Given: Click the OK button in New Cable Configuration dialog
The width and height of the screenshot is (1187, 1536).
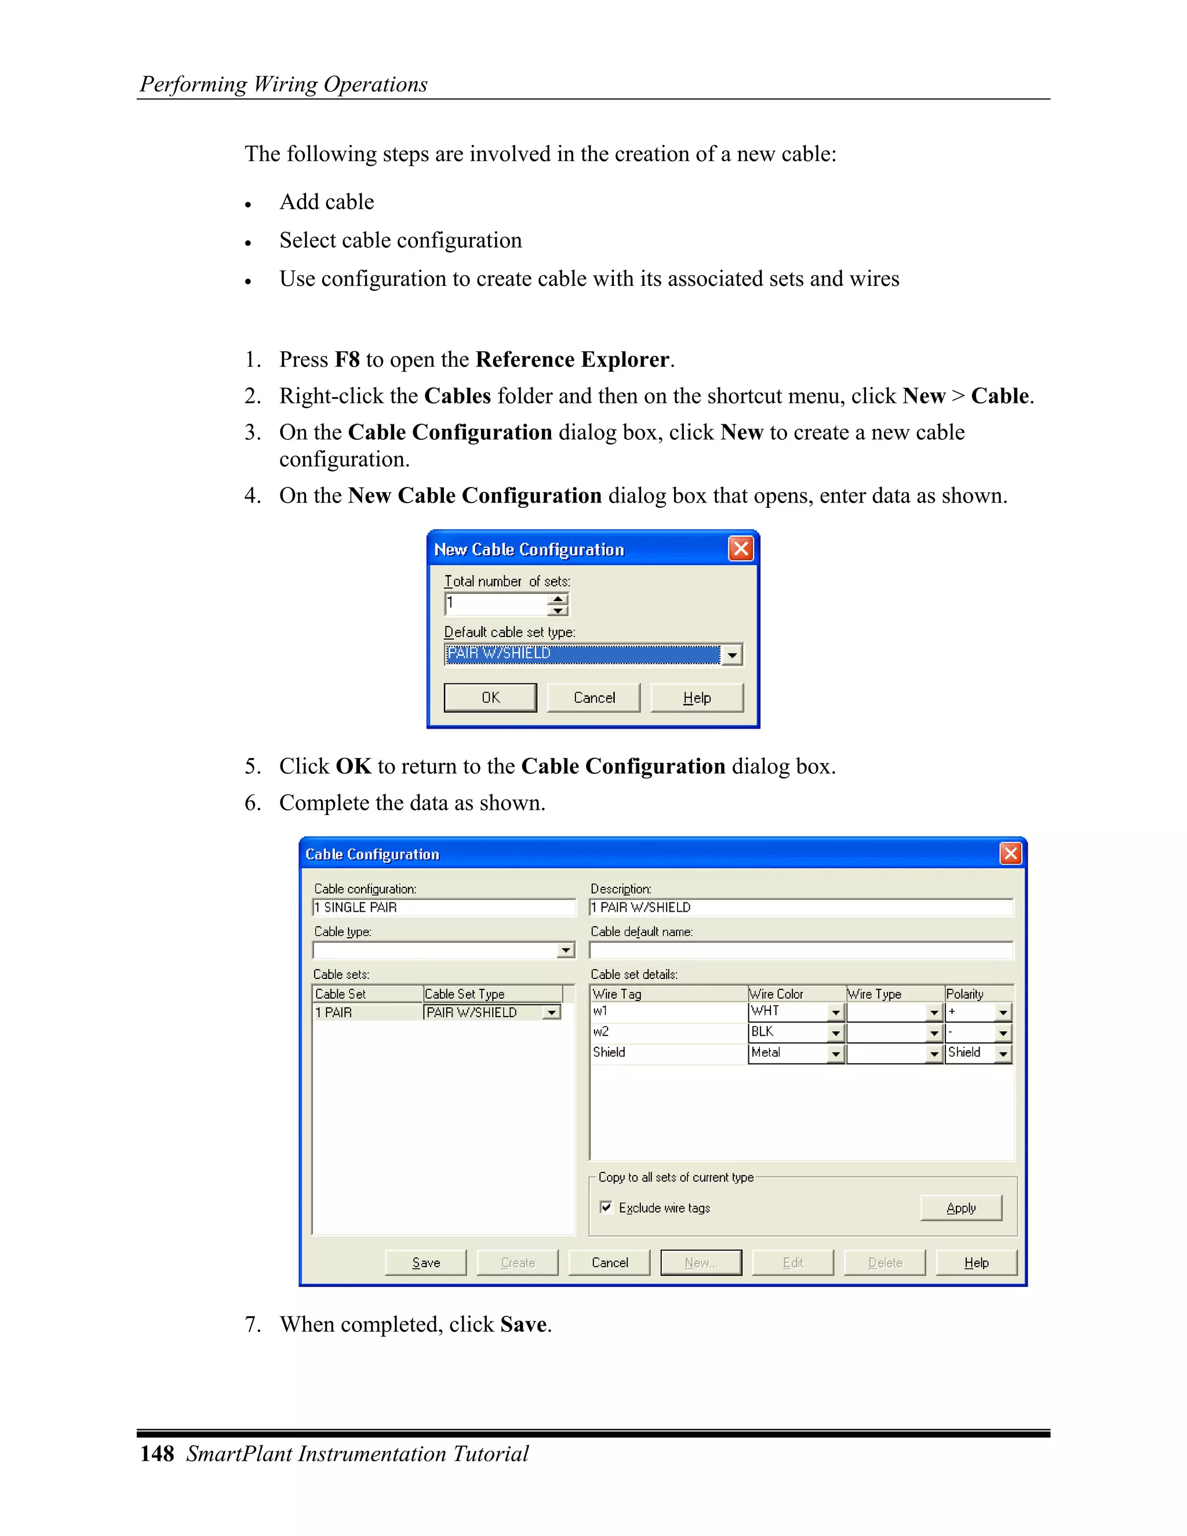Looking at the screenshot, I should click(490, 698).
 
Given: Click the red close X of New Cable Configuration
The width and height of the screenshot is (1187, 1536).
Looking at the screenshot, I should click(741, 548).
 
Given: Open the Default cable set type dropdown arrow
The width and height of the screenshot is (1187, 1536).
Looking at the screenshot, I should click(732, 655).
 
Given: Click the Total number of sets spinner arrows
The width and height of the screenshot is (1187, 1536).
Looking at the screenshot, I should click(558, 604).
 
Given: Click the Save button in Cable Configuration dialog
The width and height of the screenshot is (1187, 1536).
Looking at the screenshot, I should click(425, 1262).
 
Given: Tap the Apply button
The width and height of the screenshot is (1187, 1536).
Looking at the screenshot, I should click(960, 1207).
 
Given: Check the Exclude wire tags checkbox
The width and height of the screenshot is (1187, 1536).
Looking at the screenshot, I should click(606, 1207).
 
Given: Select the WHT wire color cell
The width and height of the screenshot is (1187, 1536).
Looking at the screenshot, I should click(788, 1011).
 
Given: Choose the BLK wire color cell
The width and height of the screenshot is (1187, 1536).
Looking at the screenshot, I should click(788, 1032).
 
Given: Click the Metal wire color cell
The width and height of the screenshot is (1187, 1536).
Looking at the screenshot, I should click(788, 1053).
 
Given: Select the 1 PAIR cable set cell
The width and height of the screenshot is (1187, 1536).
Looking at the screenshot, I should click(367, 1012).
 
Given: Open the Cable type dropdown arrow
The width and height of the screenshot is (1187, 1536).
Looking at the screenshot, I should click(565, 951).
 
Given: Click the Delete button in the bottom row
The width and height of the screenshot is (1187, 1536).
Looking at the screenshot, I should click(884, 1262).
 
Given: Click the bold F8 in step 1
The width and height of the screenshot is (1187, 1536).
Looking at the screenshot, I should click(347, 359).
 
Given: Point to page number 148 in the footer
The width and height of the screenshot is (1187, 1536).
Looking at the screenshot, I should click(157, 1454).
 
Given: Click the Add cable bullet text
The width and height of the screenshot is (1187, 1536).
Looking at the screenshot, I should click(326, 202).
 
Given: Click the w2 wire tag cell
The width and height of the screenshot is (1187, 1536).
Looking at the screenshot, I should click(668, 1032).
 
